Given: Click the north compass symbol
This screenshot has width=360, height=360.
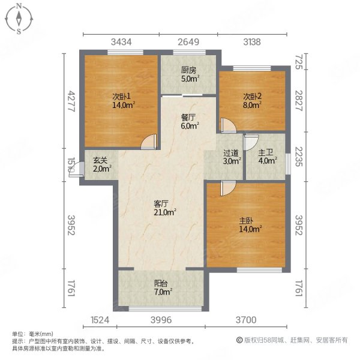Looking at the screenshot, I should pyautogui.click(x=20, y=19).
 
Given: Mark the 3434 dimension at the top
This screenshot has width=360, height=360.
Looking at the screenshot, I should pyautogui.click(x=121, y=41).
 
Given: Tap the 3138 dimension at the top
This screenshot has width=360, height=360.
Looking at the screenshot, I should pyautogui.click(x=251, y=41).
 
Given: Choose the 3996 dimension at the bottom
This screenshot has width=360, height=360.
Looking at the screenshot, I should pyautogui.click(x=160, y=321).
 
